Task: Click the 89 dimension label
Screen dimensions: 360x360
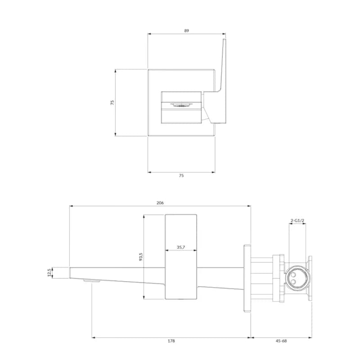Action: click(186, 31)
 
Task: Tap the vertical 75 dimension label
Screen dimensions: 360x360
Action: click(112, 103)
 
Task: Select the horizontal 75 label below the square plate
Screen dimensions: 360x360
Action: click(181, 175)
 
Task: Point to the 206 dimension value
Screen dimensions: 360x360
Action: click(160, 203)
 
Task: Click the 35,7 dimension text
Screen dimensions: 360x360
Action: click(181, 247)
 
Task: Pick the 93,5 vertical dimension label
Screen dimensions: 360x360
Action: click(141, 256)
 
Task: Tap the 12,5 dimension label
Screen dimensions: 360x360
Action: click(49, 273)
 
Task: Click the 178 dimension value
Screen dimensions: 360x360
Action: click(171, 341)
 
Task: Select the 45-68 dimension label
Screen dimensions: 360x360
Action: click(281, 341)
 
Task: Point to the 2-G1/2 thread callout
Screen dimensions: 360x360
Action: click(297, 220)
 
